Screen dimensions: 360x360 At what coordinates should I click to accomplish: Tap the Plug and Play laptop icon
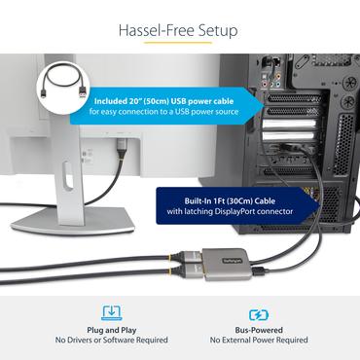click(x=111, y=313)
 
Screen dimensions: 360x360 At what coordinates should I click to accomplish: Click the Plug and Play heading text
click(x=111, y=329)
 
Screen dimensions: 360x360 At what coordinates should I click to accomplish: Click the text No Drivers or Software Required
click(x=111, y=341)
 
